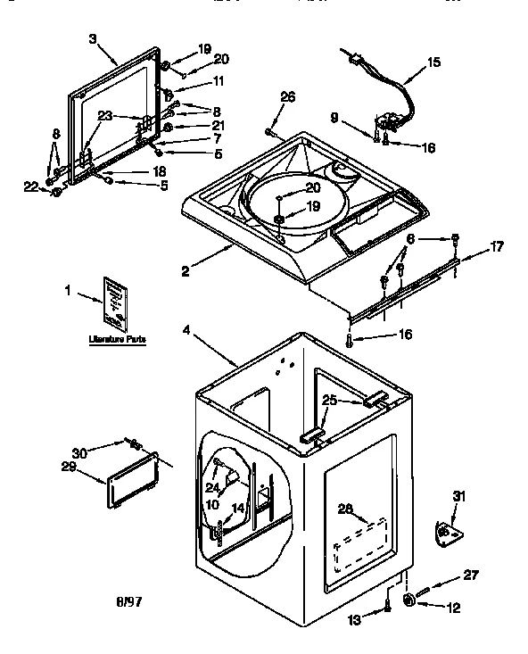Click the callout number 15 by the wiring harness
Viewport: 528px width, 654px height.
pos(433,62)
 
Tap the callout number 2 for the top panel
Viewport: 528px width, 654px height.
pos(185,272)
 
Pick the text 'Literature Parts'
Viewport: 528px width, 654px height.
pos(117,340)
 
